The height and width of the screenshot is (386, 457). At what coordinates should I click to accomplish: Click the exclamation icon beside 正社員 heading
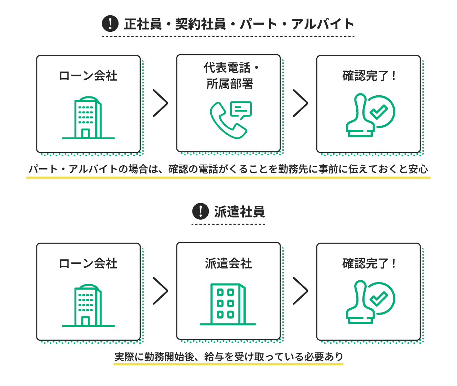click(x=110, y=24)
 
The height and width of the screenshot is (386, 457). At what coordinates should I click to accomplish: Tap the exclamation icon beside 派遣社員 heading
click(x=200, y=211)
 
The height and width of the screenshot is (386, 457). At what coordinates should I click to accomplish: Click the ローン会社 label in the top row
click(x=88, y=76)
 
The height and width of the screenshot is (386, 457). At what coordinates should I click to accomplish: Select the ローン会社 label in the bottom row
click(x=88, y=264)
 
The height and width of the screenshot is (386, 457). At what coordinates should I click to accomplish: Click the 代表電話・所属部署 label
click(x=229, y=76)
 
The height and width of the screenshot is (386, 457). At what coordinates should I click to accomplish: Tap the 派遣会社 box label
click(x=228, y=264)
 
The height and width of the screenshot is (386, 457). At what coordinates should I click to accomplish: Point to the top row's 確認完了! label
click(x=368, y=76)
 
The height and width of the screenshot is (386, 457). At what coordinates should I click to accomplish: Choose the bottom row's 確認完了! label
click(x=368, y=264)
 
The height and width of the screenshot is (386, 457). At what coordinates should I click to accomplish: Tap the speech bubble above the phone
click(x=241, y=109)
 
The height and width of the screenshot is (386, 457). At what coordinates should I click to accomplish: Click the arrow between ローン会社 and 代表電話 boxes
click(x=160, y=103)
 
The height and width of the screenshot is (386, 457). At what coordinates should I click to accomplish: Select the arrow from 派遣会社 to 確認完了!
click(x=300, y=291)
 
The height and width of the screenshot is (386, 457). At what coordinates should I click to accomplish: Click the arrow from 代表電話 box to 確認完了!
click(x=300, y=103)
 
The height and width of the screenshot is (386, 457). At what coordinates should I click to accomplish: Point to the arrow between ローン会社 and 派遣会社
click(x=160, y=291)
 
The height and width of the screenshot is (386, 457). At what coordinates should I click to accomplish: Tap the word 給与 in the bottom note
click(x=214, y=357)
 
